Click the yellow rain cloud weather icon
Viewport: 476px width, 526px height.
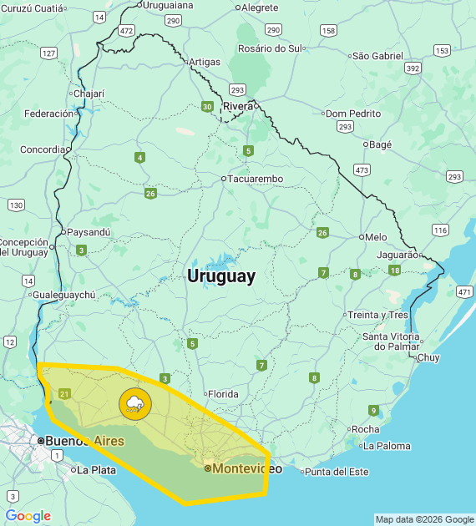tap(134, 405)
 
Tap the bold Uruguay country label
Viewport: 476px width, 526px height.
tap(221, 276)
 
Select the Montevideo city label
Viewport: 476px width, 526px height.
tap(247, 468)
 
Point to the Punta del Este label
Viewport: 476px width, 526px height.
tap(336, 472)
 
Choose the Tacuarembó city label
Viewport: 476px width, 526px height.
tap(256, 179)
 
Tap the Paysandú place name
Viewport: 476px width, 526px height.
tap(89, 232)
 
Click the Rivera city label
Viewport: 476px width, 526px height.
tap(238, 106)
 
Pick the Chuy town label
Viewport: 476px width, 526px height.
tap(428, 357)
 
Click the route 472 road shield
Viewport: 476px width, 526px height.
tap(126, 31)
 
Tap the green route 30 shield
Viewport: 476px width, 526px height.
tap(206, 106)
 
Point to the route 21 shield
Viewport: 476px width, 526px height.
tap(65, 394)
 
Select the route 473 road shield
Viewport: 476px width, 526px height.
tap(362, 169)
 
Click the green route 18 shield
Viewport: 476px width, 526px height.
tap(394, 271)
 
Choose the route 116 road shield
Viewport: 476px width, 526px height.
tap(440, 230)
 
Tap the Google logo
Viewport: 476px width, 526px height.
tap(28, 517)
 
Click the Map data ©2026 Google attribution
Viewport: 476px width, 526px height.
tap(424, 519)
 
